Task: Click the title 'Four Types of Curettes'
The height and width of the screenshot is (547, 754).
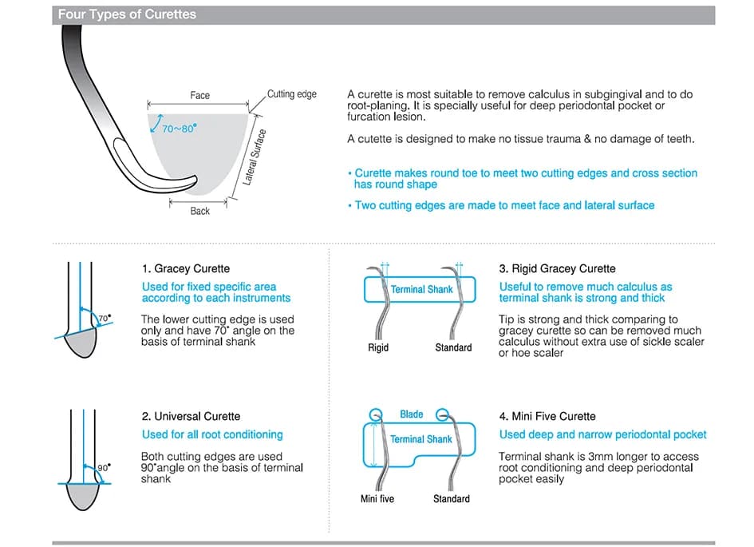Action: point(127,14)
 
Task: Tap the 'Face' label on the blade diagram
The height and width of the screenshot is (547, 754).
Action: point(200,95)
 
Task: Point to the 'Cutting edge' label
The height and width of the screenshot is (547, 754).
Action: point(291,94)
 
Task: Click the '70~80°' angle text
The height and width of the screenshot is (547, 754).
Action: point(179,128)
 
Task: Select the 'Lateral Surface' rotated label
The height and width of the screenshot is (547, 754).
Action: point(255,157)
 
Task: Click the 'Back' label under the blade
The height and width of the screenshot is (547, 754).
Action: point(200,211)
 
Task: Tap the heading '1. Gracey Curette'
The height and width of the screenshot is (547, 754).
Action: point(186,269)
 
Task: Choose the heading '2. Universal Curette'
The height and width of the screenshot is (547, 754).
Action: point(191,417)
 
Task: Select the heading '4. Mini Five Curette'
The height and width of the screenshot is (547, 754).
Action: point(547,417)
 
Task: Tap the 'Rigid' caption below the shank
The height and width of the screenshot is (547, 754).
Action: point(378,348)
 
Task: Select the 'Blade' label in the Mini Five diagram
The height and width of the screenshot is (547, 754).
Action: point(412,414)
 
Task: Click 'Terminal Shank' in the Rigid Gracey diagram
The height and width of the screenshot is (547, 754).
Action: point(421,289)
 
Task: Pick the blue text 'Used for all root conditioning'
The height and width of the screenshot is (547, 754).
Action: point(212,435)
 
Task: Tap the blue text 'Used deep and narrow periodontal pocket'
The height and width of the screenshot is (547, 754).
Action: point(602,435)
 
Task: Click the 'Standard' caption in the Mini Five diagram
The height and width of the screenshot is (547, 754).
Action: point(452,499)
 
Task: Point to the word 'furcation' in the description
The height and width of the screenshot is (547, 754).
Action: point(369,116)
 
